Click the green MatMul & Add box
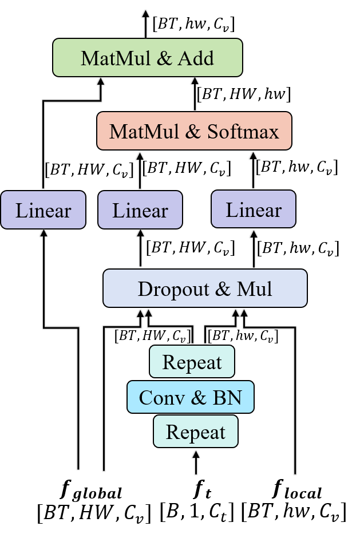pyautogui.click(x=148, y=58)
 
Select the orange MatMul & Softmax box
pyautogui.click(x=194, y=131)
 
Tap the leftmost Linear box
pyautogui.click(x=43, y=210)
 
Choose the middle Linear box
pyautogui.click(x=140, y=210)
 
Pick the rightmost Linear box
pyautogui.click(x=254, y=209)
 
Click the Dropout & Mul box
pyautogui.click(x=205, y=288)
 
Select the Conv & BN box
pyautogui.click(x=190, y=397)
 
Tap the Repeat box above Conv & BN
pyautogui.click(x=192, y=362)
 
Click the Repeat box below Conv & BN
pyautogui.click(x=195, y=432)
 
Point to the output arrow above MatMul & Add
pyautogui.click(x=145, y=23)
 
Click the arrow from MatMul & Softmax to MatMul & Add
pyautogui.click(x=195, y=94)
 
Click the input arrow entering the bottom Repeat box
pyautogui.click(x=196, y=462)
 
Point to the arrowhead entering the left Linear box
pyautogui.click(x=43, y=232)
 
